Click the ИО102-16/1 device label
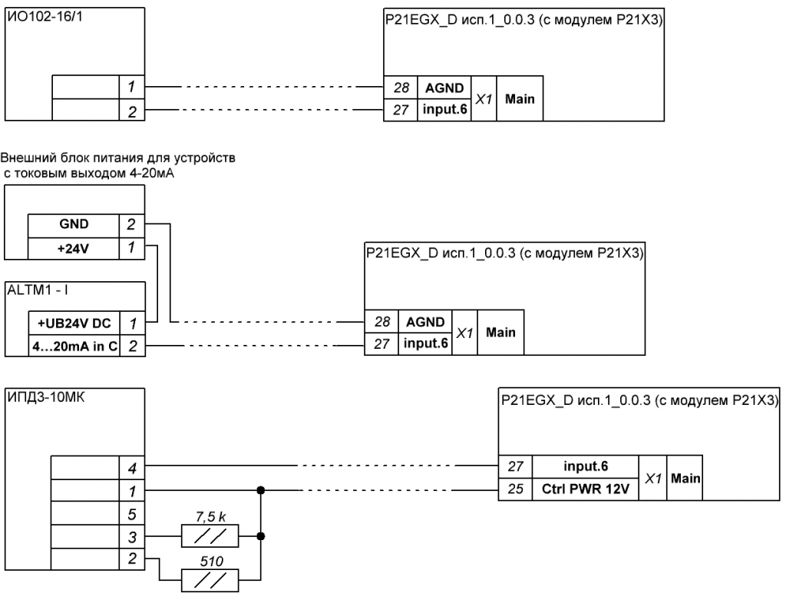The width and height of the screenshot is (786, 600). click(45, 17)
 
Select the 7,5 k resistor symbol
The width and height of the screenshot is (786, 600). click(210, 536)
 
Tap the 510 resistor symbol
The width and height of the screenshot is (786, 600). click(210, 581)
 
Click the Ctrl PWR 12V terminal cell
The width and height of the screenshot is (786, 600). click(585, 489)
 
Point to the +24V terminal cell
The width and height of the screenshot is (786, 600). click(73, 248)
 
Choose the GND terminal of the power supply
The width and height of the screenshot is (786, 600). click(73, 224)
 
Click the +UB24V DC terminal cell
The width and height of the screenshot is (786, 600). click(74, 323)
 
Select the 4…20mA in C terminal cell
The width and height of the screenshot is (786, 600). click(74, 346)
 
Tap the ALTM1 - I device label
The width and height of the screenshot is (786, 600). click(38, 290)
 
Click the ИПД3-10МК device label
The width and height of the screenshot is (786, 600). click(45, 397)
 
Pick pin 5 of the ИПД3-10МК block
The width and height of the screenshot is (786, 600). click(132, 514)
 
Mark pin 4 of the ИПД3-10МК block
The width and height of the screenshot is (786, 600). click(132, 468)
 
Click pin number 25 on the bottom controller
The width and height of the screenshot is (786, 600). click(515, 489)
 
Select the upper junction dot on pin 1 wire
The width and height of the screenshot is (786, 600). click(261, 490)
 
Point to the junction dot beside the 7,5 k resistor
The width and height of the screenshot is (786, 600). click(261, 536)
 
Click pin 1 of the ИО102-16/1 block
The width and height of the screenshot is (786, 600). click(132, 87)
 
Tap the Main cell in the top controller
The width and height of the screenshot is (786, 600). click(520, 99)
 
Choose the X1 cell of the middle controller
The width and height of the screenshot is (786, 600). click(464, 333)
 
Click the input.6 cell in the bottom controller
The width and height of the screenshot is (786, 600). click(585, 466)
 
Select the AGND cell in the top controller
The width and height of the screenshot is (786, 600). click(444, 88)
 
